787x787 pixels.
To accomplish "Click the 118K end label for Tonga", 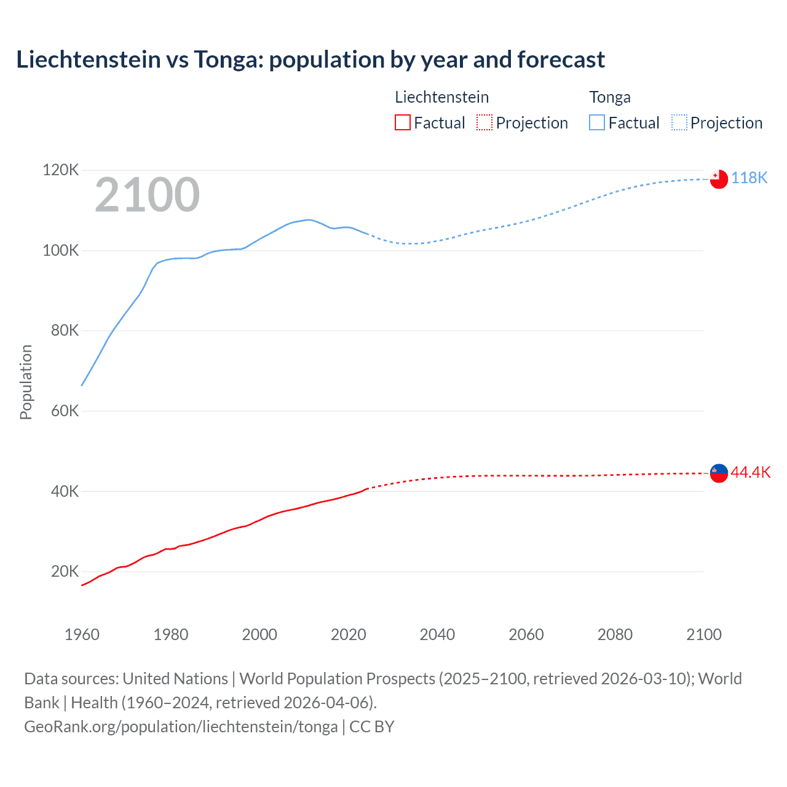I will tap(749, 178).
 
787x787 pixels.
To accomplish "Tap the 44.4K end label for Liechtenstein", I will tap(750, 472).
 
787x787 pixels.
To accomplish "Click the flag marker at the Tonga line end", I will tap(719, 179).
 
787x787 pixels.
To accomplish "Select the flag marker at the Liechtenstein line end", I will tap(719, 473).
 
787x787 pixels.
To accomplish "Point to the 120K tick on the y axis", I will tap(60, 170).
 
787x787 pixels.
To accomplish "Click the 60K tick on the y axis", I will tap(65, 411).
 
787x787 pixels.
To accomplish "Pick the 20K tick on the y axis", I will tap(65, 571).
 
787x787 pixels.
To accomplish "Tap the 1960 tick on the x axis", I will tap(82, 635).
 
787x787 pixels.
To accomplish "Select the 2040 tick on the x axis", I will tap(437, 635).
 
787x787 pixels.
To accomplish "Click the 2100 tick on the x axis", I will tap(703, 635).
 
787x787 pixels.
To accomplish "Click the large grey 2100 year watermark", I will tap(147, 195).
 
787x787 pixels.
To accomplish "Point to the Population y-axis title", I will tap(26, 382).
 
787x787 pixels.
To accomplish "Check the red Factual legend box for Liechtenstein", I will tap(402, 122).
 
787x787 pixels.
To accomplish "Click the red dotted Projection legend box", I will tap(484, 122).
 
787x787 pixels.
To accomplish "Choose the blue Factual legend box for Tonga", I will tap(597, 122).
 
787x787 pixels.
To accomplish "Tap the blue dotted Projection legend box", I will tap(679, 122).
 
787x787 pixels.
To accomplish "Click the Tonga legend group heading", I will tap(610, 97).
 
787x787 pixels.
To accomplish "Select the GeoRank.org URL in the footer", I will tap(181, 726).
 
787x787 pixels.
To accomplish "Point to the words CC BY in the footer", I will tap(371, 726).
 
